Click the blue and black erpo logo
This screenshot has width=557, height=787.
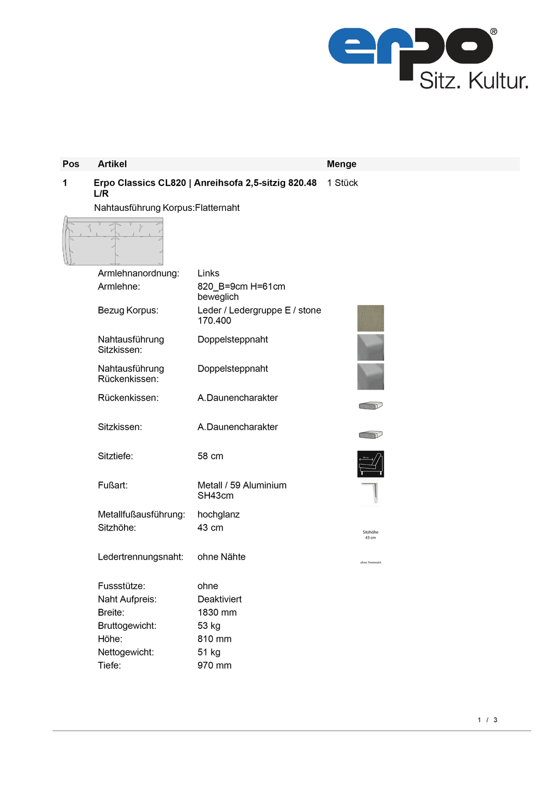(x=411, y=49)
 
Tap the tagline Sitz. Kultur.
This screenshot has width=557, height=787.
(x=473, y=81)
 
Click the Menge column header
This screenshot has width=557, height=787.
(x=342, y=164)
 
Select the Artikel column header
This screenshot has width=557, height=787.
(x=112, y=164)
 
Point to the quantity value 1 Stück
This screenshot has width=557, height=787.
(x=342, y=183)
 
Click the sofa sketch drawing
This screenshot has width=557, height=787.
(x=113, y=241)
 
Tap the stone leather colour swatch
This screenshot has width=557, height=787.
(x=370, y=318)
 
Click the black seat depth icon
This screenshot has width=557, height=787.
(x=370, y=464)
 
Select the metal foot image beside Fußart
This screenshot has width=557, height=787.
(x=370, y=493)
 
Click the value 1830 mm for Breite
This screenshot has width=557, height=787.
(x=217, y=613)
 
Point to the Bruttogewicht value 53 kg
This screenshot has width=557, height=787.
(x=209, y=626)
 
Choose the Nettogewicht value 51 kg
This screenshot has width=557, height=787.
(x=209, y=652)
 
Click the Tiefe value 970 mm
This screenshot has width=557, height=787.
(x=214, y=666)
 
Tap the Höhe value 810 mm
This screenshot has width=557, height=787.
(x=214, y=639)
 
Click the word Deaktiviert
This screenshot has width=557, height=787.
(x=219, y=599)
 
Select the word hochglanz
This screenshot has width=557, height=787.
(x=219, y=515)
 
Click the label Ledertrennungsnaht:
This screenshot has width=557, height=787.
(x=140, y=557)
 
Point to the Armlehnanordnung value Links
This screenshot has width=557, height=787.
(x=208, y=273)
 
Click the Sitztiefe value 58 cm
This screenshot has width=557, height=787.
(x=210, y=457)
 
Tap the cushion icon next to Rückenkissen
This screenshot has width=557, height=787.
(x=370, y=405)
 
